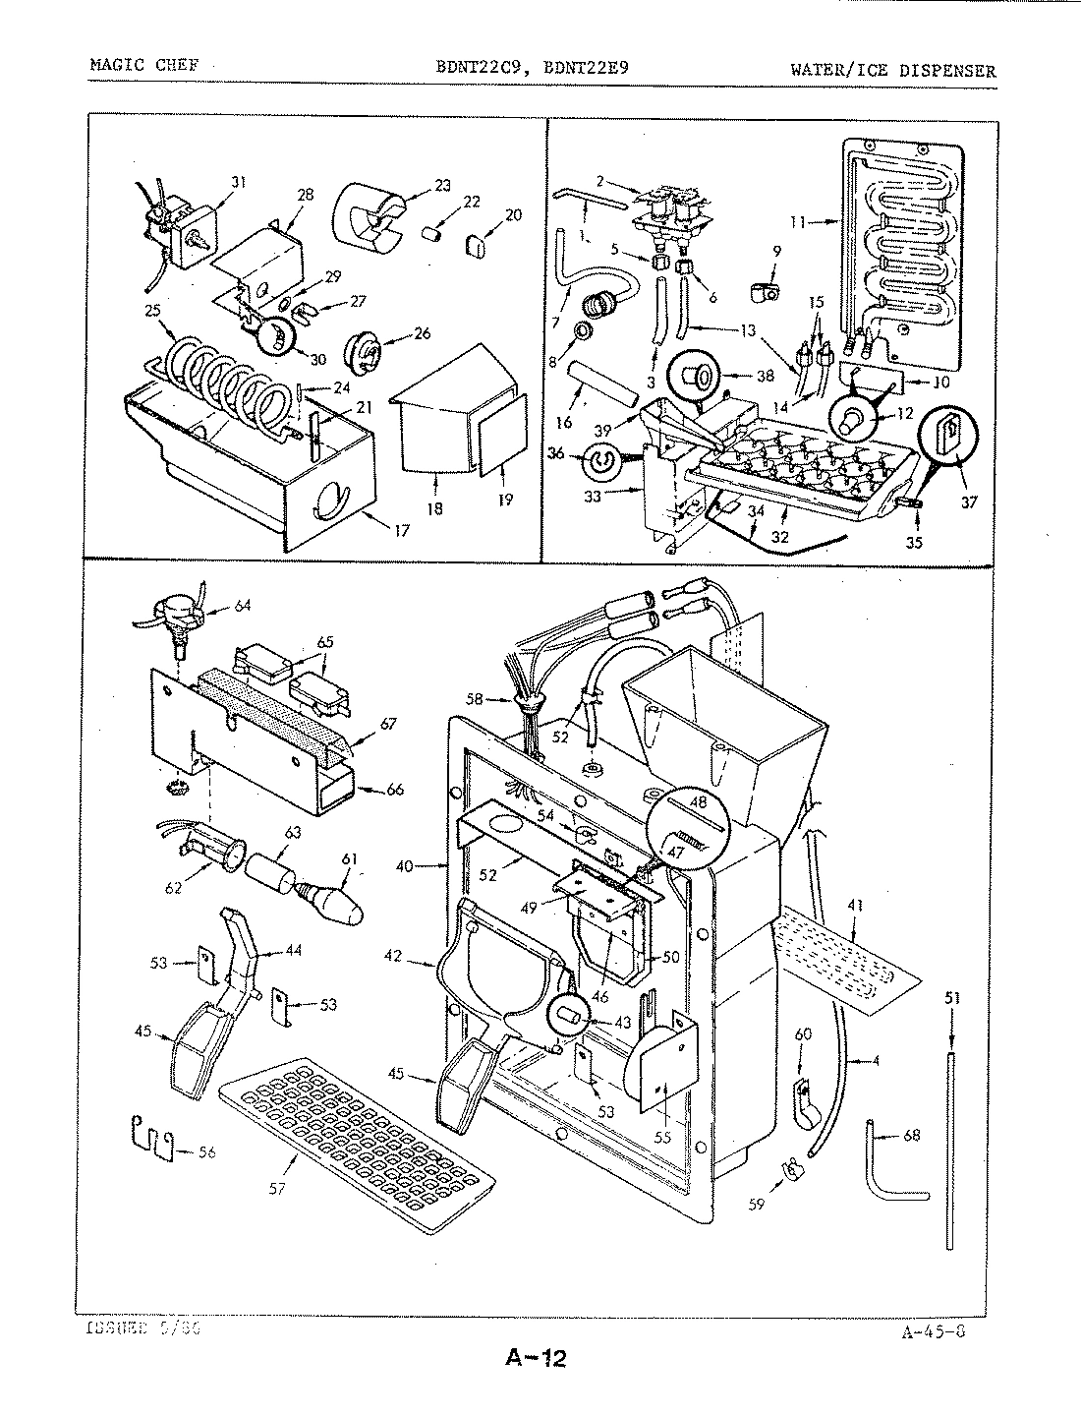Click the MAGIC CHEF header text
pos(143,66)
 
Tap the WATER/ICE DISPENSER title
pos(892,71)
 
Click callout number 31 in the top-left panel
pos(238,181)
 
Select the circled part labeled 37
pos(947,434)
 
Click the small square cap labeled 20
pos(477,243)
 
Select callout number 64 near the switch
pos(242,606)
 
